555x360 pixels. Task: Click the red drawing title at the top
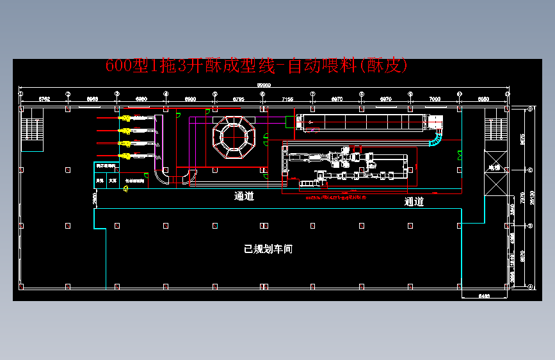coord(256,66)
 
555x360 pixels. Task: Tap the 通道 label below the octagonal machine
coord(244,197)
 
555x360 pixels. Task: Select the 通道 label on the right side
coord(414,202)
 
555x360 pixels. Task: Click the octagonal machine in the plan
coord(234,136)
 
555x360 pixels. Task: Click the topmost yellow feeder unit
coord(126,119)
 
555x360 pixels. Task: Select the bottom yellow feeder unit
coord(126,156)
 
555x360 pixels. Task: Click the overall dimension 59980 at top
coord(264,85)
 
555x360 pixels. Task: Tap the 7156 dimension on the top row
coord(287,99)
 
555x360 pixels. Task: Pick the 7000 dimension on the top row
coord(435,99)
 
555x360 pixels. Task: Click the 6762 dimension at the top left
coord(44,99)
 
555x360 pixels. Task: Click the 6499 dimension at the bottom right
coord(485,296)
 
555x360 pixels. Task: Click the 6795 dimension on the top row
coord(238,99)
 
